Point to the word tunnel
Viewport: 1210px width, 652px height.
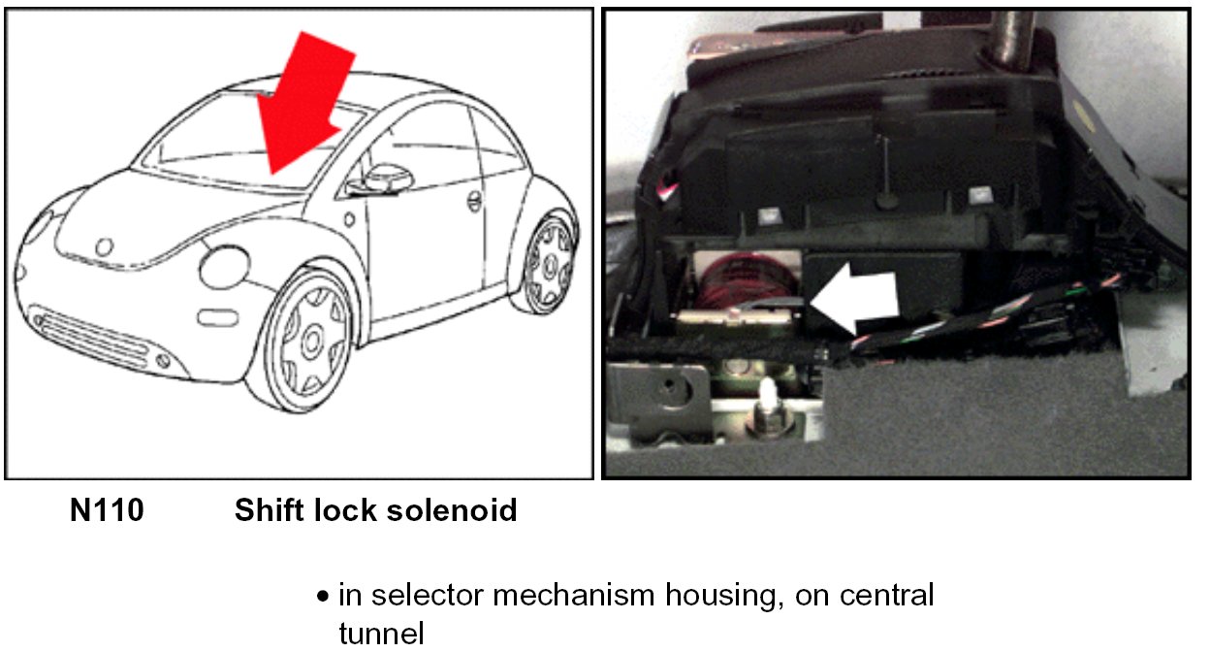[381, 634]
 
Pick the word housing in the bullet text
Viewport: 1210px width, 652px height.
[722, 595]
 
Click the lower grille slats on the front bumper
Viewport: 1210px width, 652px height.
[92, 336]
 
